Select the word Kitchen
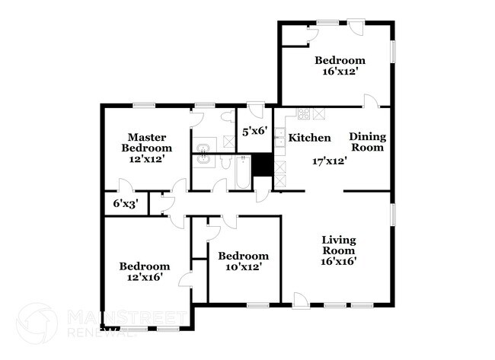(309, 138)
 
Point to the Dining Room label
(368, 142)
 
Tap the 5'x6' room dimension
(254, 131)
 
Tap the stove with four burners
(304, 114)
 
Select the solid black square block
(263, 165)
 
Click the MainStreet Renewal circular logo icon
(37, 322)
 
